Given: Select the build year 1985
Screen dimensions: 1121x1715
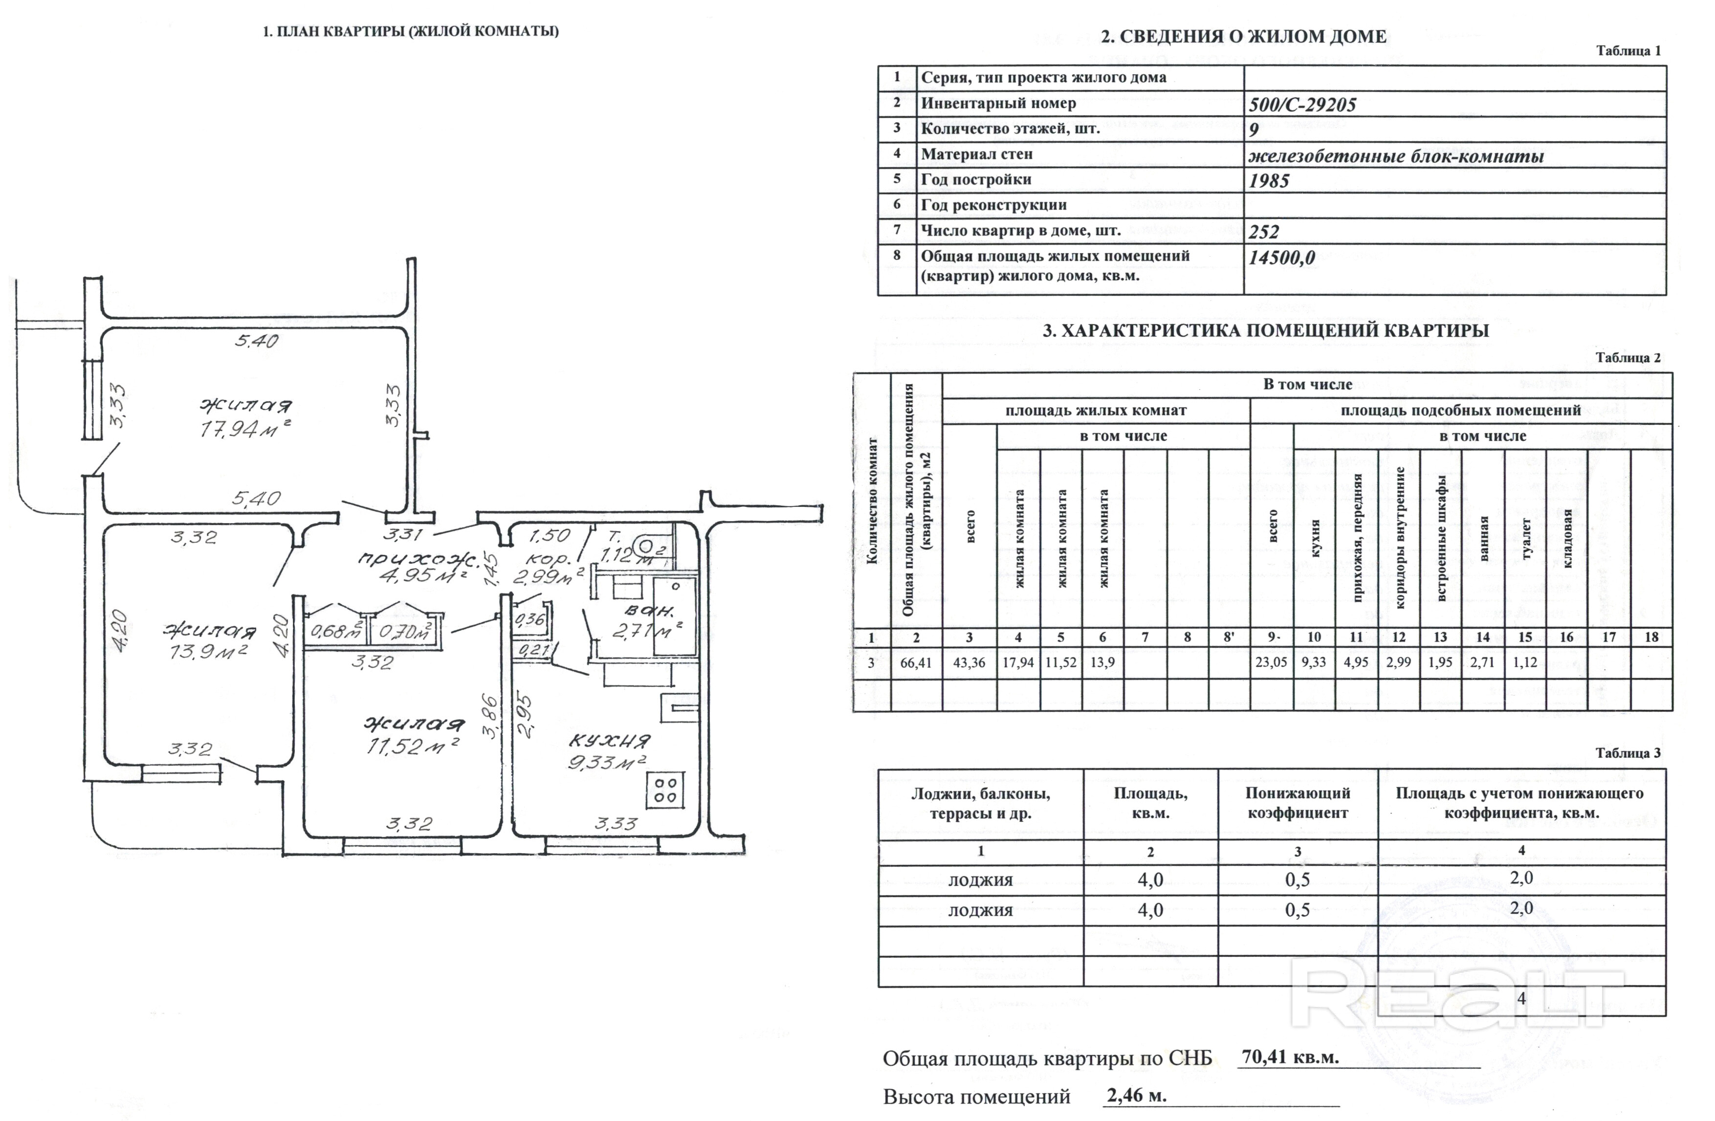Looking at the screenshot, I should (1269, 181).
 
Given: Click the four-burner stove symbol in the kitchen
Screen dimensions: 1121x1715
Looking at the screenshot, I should (664, 790).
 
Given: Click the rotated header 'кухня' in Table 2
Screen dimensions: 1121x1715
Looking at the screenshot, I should (1315, 538).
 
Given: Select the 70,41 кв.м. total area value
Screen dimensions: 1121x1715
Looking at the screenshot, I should (1290, 1057).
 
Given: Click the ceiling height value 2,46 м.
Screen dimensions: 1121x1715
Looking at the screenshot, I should (1136, 1096).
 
